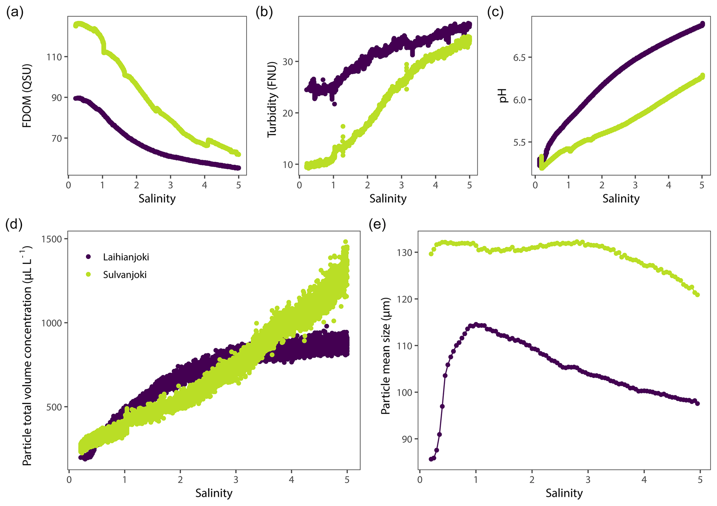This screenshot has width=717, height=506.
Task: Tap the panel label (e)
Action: (377, 225)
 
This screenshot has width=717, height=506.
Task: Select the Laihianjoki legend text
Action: (126, 257)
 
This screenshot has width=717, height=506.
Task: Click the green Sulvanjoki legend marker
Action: (88, 275)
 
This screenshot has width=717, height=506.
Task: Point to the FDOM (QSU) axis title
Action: (27, 96)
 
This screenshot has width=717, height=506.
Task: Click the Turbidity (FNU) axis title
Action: (272, 99)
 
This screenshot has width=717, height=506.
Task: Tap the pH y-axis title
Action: (503, 96)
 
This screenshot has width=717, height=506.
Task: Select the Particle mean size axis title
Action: (385, 356)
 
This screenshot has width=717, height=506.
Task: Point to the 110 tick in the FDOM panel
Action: (54, 57)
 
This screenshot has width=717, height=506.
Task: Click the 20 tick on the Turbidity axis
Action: (288, 113)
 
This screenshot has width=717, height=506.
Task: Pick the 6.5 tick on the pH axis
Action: (520, 57)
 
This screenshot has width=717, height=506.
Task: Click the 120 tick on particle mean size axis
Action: (406, 299)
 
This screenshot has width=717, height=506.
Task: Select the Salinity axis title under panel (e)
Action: (564, 493)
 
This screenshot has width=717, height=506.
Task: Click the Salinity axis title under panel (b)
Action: (388, 199)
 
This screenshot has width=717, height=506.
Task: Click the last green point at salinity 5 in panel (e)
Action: (697, 295)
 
